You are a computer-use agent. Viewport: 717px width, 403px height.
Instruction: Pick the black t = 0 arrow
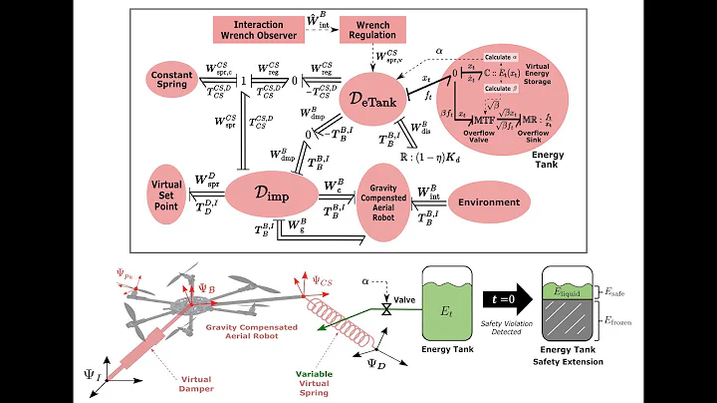(x=504, y=298)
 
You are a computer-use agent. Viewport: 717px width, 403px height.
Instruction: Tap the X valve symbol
(x=388, y=308)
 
